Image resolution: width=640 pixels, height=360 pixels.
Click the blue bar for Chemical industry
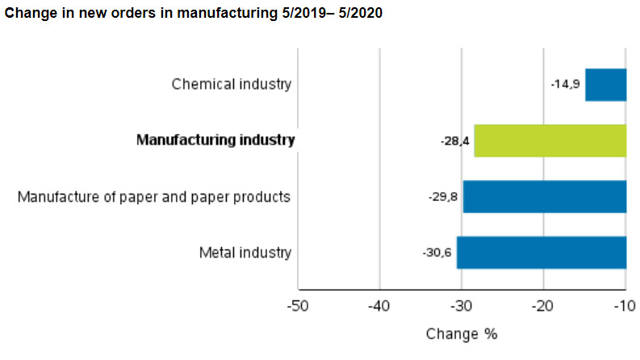[x=605, y=85]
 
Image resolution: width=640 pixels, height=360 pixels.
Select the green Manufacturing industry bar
[x=550, y=140]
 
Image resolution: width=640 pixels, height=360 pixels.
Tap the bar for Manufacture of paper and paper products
[x=544, y=196]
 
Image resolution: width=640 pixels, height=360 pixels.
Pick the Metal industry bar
[x=541, y=252]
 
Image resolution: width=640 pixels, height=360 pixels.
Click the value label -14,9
[x=565, y=85]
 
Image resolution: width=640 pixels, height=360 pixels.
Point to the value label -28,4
[x=454, y=140]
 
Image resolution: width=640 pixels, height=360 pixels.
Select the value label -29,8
[x=443, y=196]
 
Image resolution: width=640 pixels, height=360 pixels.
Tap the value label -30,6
[x=437, y=253]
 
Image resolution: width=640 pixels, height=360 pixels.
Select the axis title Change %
[x=462, y=334]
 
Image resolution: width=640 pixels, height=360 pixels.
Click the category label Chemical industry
[x=231, y=84]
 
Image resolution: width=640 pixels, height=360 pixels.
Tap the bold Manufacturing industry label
[x=215, y=140]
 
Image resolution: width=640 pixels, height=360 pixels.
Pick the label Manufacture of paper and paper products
[x=154, y=196]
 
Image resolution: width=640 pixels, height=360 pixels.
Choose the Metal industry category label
[x=245, y=253]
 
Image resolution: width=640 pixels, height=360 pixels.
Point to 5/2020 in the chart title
[x=356, y=14]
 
